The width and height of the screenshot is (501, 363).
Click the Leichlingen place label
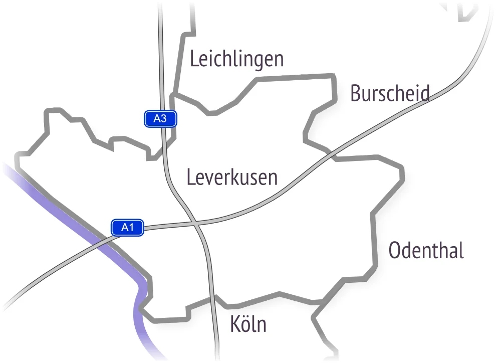tap(236, 59)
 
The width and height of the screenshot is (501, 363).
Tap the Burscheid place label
tap(390, 93)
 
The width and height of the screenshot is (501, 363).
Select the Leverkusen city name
tap(232, 177)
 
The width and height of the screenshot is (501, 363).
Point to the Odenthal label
tap(426, 250)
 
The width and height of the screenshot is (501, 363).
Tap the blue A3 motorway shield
tap(160, 119)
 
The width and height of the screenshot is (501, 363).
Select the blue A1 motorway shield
tap(128, 227)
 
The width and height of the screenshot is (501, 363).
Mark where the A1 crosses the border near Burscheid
tap(331, 153)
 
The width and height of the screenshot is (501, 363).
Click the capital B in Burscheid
tap(355, 93)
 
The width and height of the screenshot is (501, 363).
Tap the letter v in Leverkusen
tap(206, 178)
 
